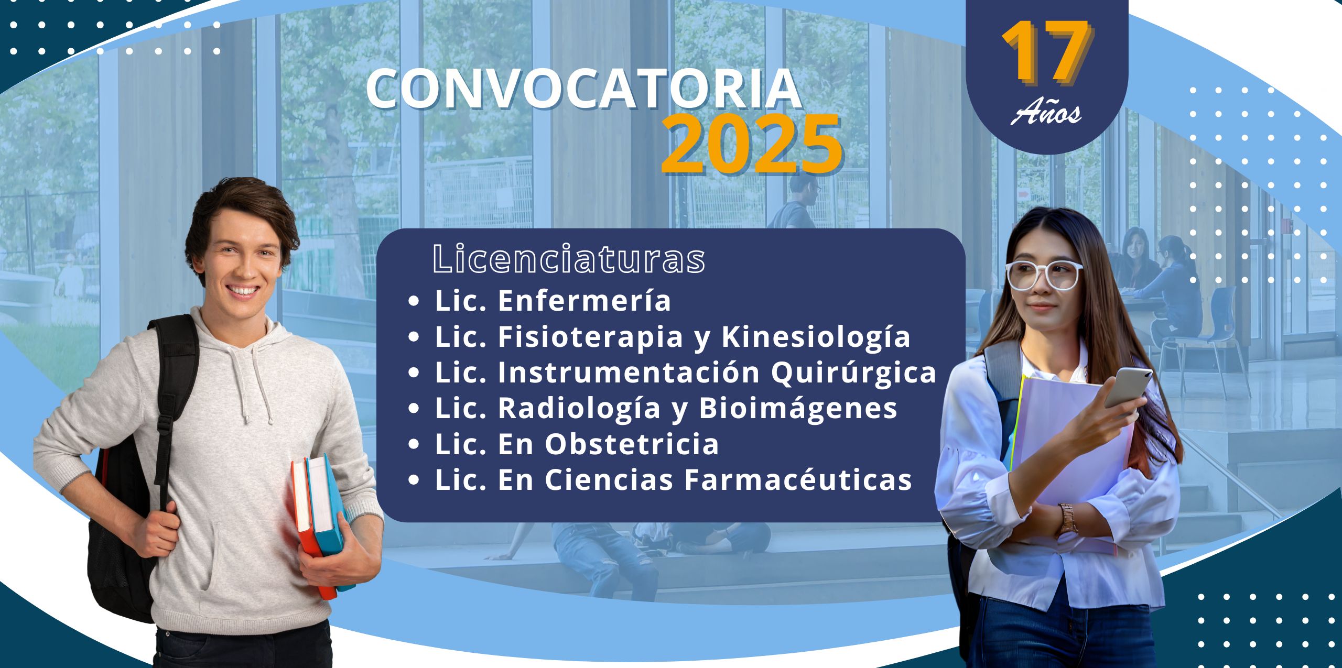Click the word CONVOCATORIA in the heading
pyautogui.click(x=584, y=89)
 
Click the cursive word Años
pyautogui.click(x=1046, y=111)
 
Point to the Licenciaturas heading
pyautogui.click(x=569, y=258)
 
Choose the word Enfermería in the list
pyautogui.click(x=584, y=301)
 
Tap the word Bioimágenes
pyautogui.click(x=798, y=408)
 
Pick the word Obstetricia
pyautogui.click(x=632, y=444)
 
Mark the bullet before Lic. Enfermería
pyautogui.click(x=414, y=301)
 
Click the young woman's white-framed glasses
pyautogui.click(x=1043, y=275)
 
